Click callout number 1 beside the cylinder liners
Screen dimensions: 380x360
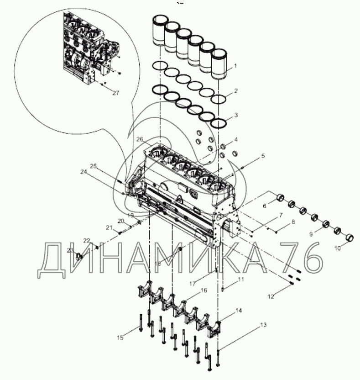pyautogui.click(x=235, y=65)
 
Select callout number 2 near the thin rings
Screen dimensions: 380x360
pyautogui.click(x=235, y=90)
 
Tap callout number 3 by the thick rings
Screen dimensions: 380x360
pyautogui.click(x=235, y=116)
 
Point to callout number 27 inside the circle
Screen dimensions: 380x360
pyautogui.click(x=115, y=92)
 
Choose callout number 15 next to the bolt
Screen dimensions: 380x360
pyautogui.click(x=120, y=338)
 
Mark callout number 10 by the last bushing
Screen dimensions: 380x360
pyautogui.click(x=338, y=248)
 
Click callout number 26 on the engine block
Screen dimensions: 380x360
pyautogui.click(x=139, y=139)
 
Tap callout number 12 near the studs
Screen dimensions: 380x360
pyautogui.click(x=271, y=296)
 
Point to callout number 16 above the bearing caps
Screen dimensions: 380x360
pyautogui.click(x=203, y=290)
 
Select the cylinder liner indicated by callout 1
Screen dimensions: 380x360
pyautogui.click(x=221, y=66)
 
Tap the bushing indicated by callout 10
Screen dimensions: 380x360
pyautogui.click(x=350, y=238)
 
